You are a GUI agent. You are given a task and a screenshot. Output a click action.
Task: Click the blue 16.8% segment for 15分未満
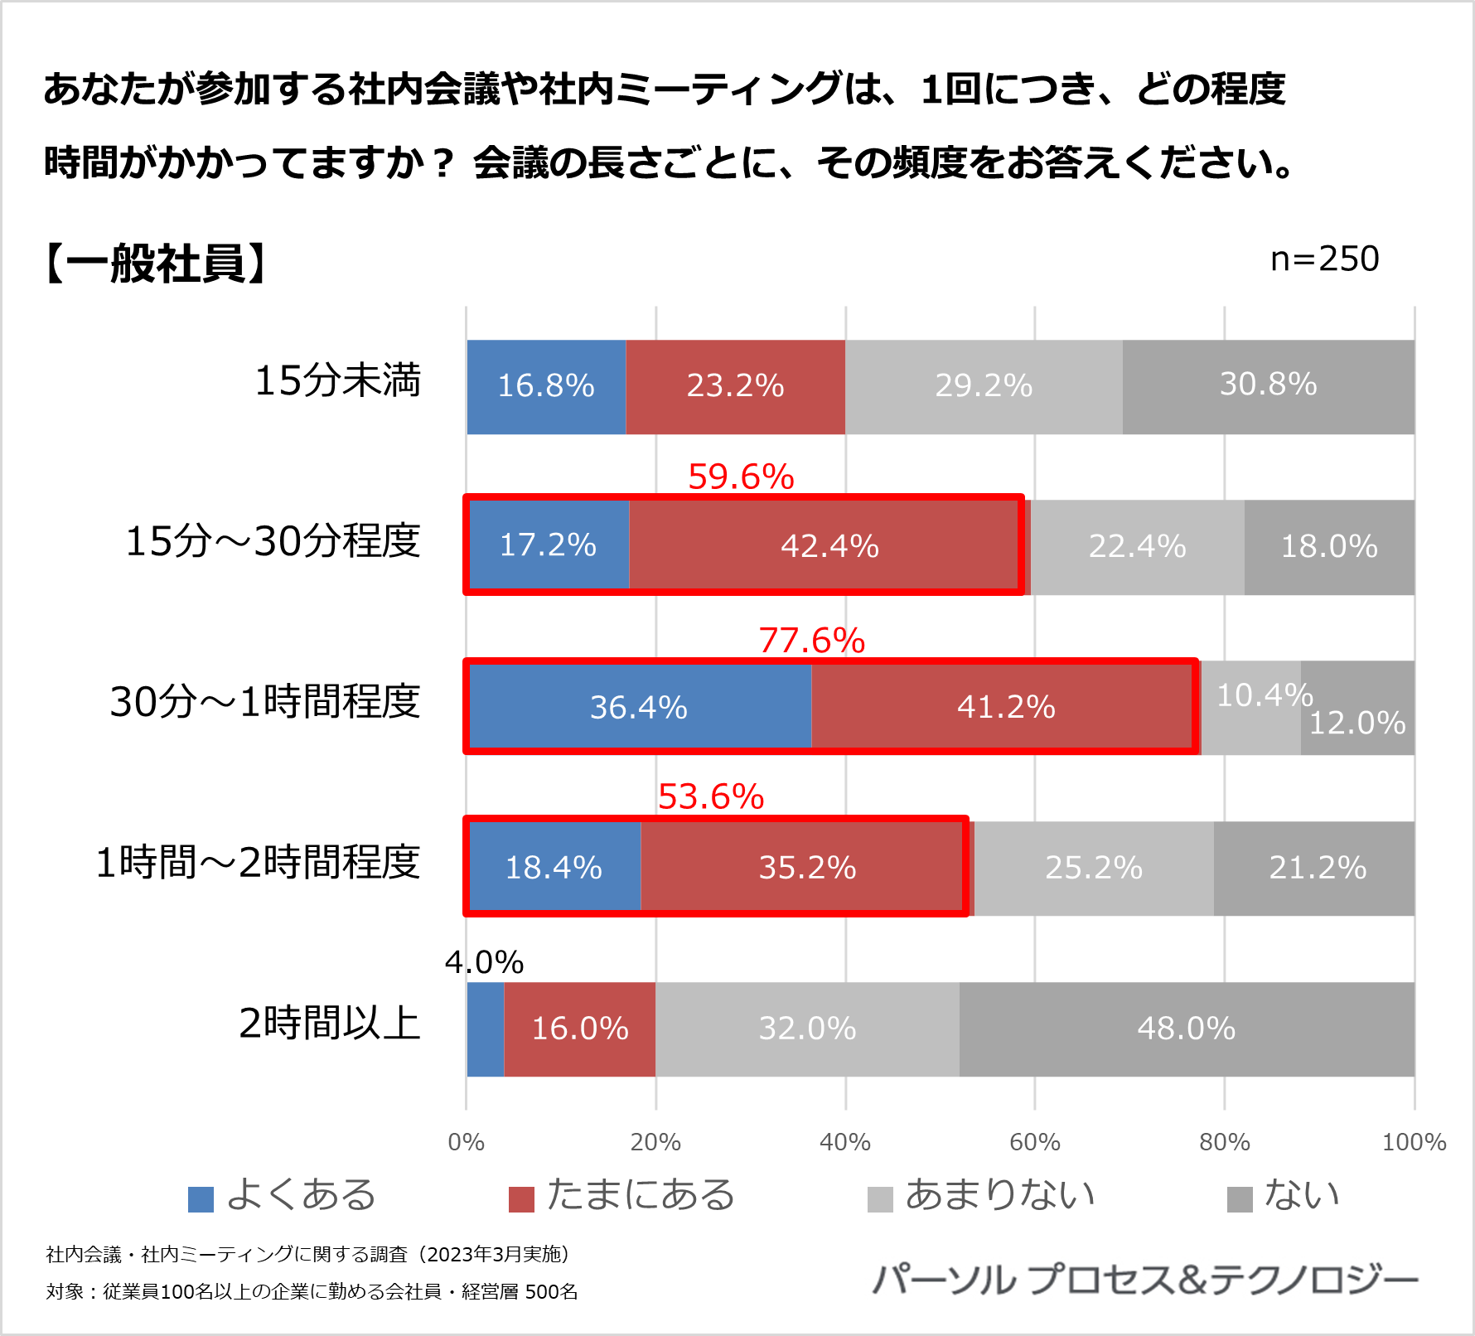click(x=546, y=386)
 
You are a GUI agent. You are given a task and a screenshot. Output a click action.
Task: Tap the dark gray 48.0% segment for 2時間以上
click(x=1187, y=1029)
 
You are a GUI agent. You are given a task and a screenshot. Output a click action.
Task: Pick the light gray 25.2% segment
click(x=1094, y=868)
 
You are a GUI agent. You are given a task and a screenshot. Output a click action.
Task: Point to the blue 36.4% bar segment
click(x=639, y=707)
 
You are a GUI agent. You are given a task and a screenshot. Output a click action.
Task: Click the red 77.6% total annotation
click(x=811, y=641)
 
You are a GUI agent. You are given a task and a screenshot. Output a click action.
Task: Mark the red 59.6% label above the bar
click(x=741, y=477)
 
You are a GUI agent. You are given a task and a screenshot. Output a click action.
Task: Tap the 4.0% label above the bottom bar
click(x=484, y=962)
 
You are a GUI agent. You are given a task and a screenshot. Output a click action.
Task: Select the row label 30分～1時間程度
click(x=265, y=701)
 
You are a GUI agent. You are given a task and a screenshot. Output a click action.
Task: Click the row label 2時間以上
click(x=329, y=1023)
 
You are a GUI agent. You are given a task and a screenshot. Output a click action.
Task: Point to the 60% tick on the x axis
click(x=1034, y=1142)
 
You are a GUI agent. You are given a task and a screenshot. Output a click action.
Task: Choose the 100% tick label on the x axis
click(x=1414, y=1142)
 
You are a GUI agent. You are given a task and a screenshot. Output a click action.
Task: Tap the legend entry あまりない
click(x=999, y=1195)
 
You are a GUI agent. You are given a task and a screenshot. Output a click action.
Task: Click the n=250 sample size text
click(x=1324, y=259)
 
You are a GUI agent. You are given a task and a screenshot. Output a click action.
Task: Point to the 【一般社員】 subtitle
click(x=156, y=264)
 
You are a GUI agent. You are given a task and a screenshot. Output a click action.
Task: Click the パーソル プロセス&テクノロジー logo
click(x=1145, y=1280)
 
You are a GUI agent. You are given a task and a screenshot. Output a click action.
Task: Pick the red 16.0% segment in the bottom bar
click(x=579, y=1029)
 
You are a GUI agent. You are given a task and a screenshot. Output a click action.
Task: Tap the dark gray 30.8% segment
click(x=1268, y=385)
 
